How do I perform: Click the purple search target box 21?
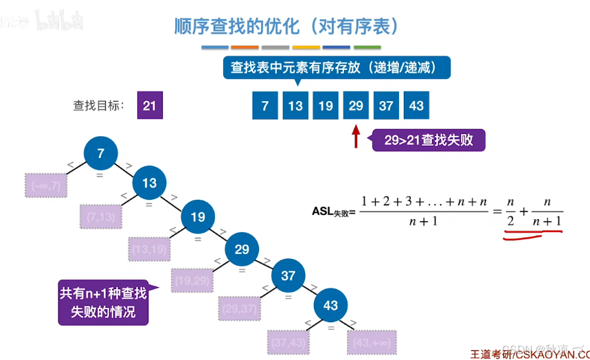pos(150,106)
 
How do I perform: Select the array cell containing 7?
pos(265,106)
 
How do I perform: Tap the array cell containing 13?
pos(295,106)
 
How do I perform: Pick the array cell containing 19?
pos(326,106)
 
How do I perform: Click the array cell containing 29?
pos(356,106)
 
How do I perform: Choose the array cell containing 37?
pos(386,106)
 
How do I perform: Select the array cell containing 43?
pos(416,106)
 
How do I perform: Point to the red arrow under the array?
pos(356,135)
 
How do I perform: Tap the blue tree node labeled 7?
pos(101,154)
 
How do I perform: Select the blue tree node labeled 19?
pos(198,217)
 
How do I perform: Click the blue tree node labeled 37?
pos(288,275)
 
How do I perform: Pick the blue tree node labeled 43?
pos(331,305)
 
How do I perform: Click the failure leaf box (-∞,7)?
pos(45,185)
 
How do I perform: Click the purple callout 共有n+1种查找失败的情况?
pos(103,302)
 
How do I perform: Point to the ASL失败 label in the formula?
pos(334,212)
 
